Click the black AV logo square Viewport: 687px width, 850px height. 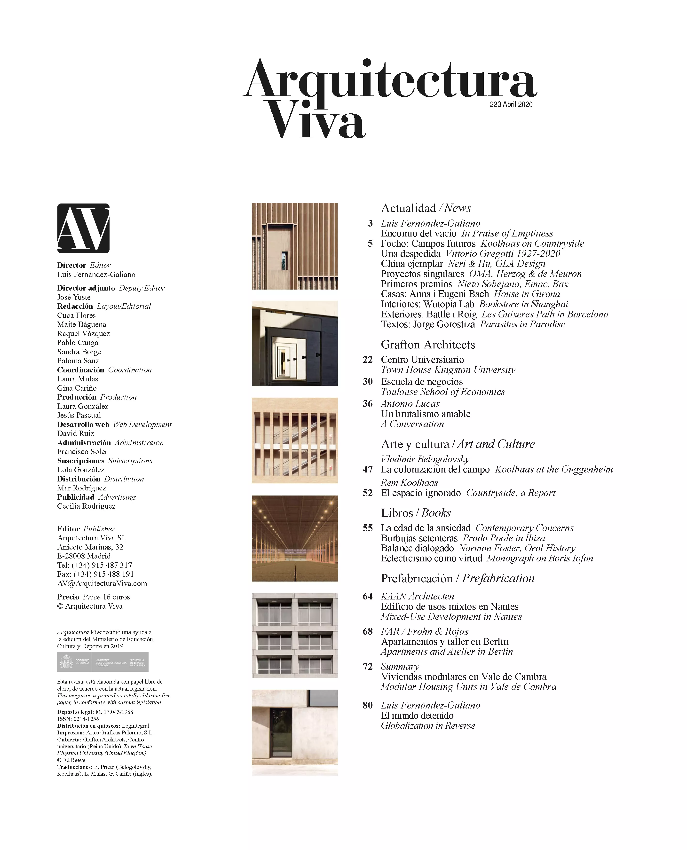point(83,228)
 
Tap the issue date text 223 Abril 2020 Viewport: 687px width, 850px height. point(511,104)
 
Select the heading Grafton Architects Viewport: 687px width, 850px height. point(428,345)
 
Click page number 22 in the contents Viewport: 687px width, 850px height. point(368,359)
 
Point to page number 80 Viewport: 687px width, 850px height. point(368,705)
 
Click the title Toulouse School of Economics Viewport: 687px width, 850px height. point(442,392)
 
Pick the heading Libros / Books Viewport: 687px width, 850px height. point(416,513)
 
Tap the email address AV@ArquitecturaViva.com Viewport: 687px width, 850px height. point(102,583)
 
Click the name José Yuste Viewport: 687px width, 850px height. point(74,297)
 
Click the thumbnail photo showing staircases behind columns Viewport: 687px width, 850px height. point(294,441)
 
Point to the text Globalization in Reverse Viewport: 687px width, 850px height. point(428,726)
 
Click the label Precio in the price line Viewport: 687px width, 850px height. point(68,597)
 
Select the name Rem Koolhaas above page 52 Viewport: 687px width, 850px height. point(409,483)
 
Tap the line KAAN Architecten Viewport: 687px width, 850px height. point(417,596)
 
